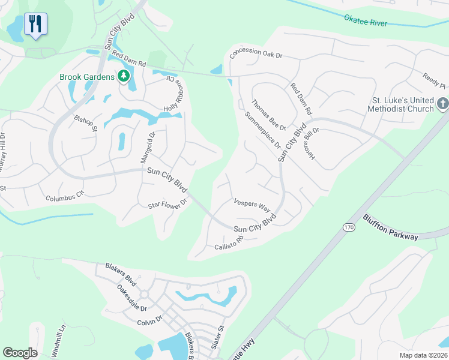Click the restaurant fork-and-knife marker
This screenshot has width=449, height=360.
point(35,25)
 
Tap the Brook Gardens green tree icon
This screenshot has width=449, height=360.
point(124,76)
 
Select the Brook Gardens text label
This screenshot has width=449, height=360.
point(87,77)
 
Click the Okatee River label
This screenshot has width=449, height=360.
point(366,20)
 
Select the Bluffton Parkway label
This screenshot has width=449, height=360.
point(390,227)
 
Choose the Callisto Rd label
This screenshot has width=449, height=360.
point(228,243)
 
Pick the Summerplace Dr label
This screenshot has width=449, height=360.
point(262,131)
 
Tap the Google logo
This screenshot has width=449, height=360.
point(20,353)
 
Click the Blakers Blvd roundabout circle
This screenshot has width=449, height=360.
point(144,295)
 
